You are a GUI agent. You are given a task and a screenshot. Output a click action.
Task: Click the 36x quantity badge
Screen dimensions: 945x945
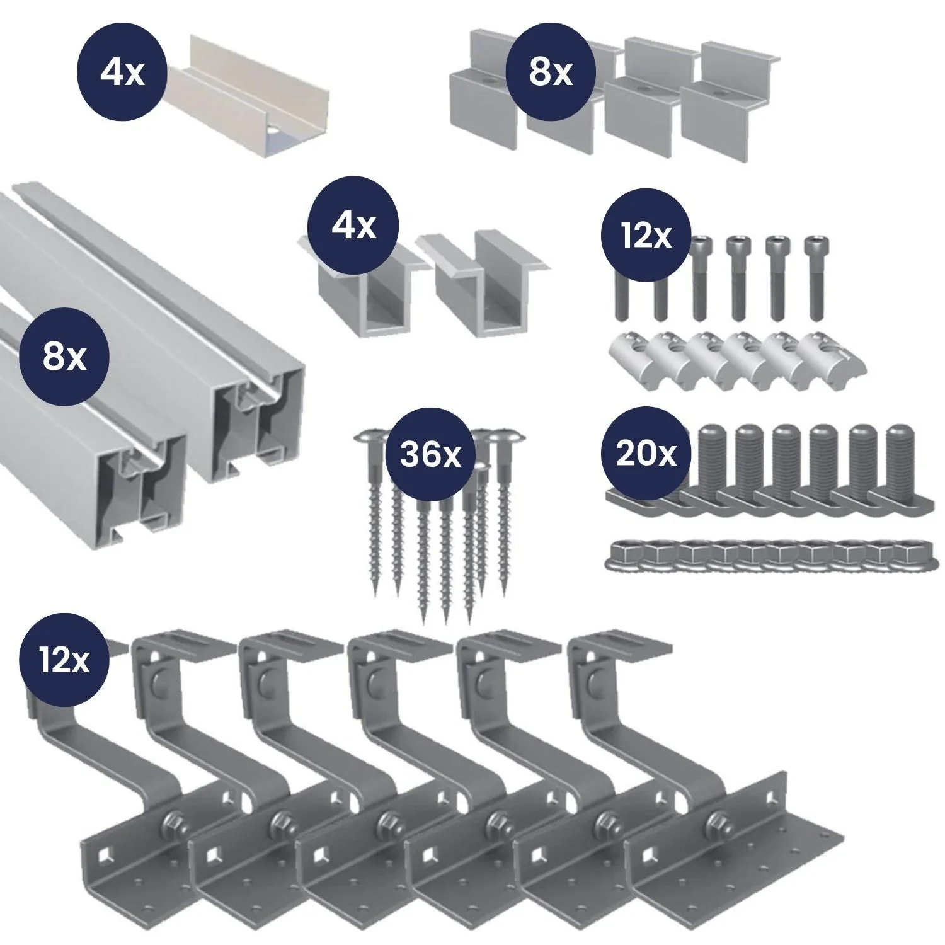click(x=430, y=454)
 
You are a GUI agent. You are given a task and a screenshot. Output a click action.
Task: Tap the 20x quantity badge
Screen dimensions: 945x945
click(x=646, y=454)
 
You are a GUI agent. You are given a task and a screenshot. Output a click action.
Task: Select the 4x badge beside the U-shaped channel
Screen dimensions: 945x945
click(x=122, y=73)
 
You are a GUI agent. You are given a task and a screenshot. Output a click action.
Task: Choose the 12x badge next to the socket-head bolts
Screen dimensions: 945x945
click(x=646, y=236)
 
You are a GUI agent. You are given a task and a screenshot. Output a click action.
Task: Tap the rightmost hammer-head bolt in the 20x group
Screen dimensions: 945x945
click(x=901, y=469)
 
